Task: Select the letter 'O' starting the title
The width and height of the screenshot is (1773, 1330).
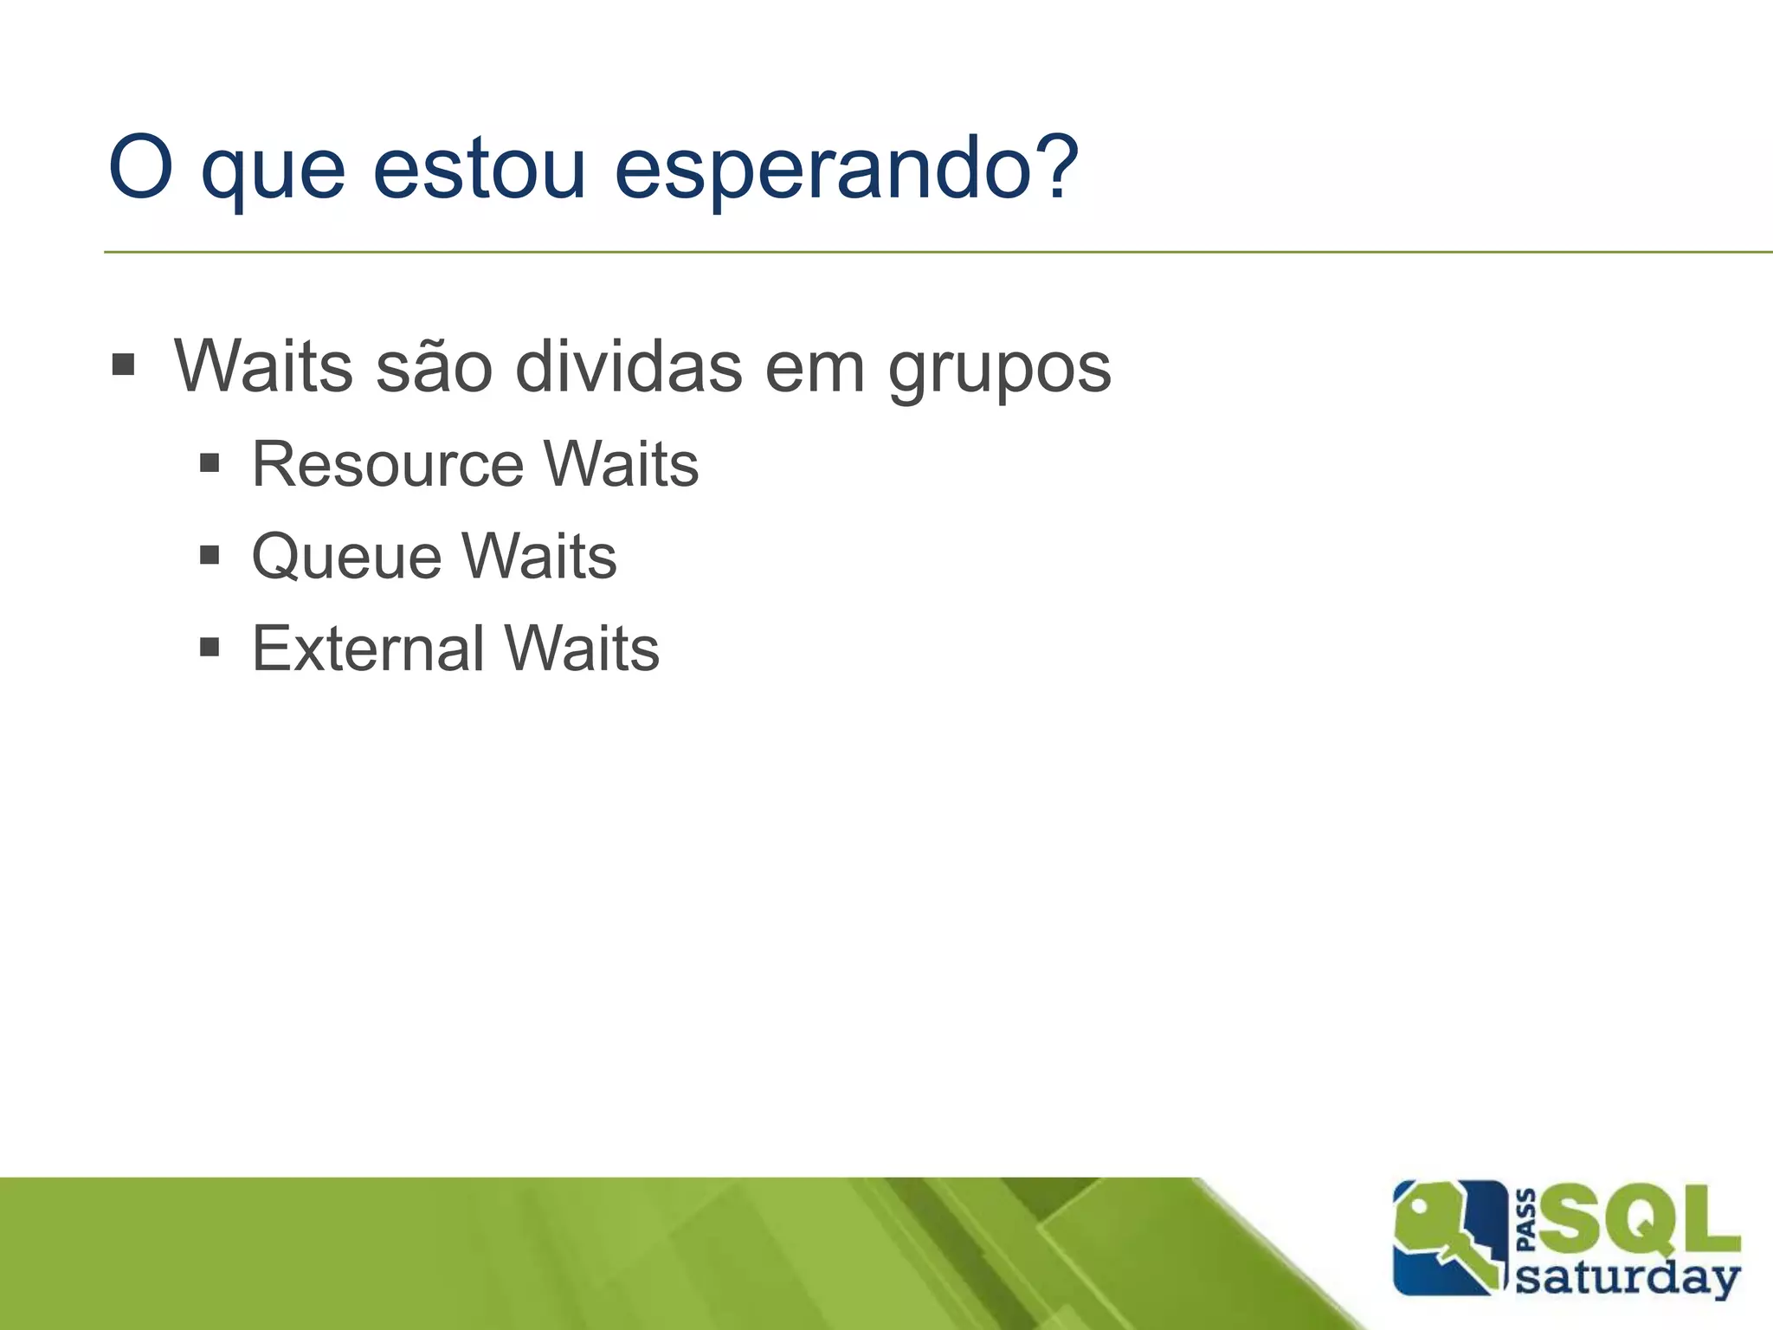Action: pyautogui.click(x=141, y=168)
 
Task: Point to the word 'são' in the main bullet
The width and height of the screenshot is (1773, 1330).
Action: pyautogui.click(x=435, y=367)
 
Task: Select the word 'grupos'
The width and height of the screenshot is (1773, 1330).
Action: pyautogui.click(x=999, y=371)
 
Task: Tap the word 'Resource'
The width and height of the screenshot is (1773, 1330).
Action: pyautogui.click(x=388, y=465)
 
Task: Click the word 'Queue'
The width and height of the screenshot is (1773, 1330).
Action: pyautogui.click(x=345, y=557)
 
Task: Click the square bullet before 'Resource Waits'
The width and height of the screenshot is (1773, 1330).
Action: pyautogui.click(x=210, y=463)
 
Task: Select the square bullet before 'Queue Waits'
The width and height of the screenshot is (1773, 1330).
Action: pyautogui.click(x=210, y=554)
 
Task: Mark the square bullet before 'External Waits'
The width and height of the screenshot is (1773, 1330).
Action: pyautogui.click(x=210, y=647)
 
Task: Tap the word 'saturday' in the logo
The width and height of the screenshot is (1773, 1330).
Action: pyautogui.click(x=1628, y=1277)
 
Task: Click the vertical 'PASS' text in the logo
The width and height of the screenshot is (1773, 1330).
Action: pyautogui.click(x=1528, y=1220)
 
